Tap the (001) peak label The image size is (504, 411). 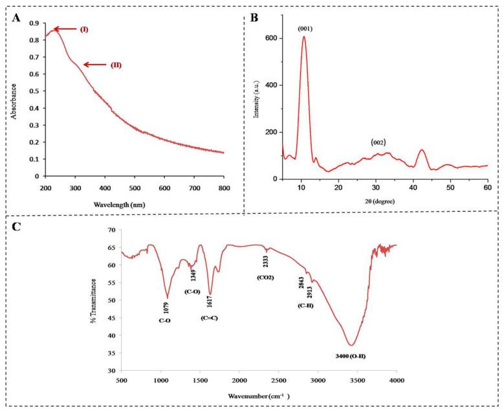305,28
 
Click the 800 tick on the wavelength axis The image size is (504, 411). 223,188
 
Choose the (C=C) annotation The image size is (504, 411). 209,317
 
